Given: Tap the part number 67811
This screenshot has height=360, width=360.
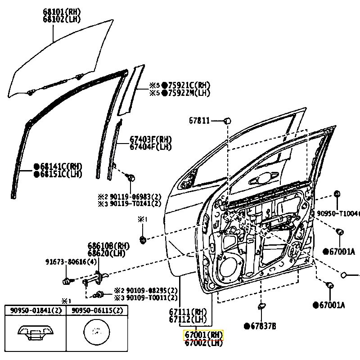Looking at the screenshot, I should point(199,121).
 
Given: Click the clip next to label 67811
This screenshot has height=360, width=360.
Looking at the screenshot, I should point(227,121).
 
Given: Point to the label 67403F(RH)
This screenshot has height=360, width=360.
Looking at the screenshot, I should point(151,139).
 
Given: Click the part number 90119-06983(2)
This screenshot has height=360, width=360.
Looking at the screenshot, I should point(133,196).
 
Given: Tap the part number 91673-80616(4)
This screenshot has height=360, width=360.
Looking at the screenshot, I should point(71,262).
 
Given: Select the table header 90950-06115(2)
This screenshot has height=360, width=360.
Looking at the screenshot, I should point(97,310).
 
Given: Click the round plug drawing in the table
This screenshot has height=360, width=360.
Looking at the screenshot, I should point(97,333).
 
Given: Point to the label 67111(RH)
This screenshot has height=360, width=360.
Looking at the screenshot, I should point(188,311).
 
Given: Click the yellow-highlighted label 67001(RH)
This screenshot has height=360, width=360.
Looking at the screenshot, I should point(203,335).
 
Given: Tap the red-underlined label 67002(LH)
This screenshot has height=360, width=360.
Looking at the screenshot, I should point(203,343).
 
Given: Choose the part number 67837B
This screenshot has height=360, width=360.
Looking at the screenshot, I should point(262,326).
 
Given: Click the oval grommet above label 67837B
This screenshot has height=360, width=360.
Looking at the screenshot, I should point(261,307).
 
